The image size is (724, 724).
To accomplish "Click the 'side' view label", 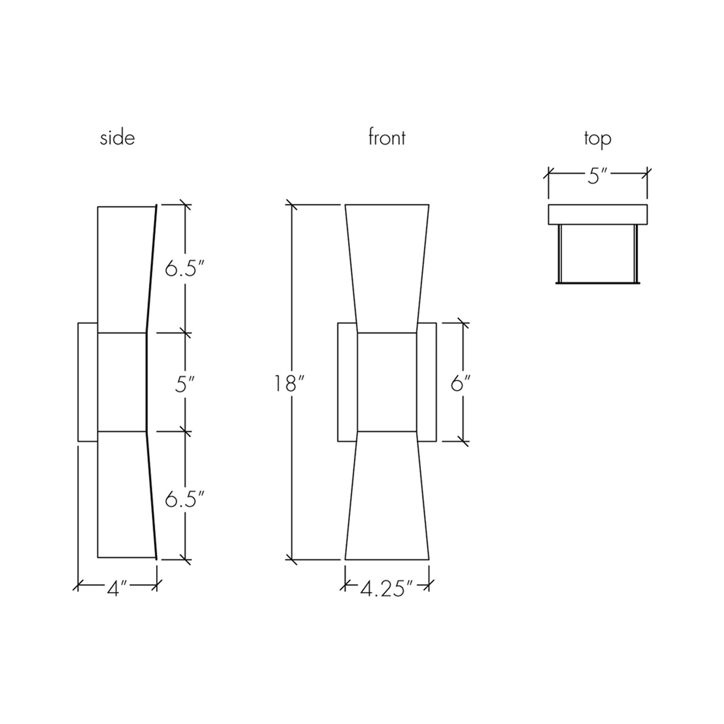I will click(117, 138).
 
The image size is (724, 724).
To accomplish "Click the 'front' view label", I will click(386, 137).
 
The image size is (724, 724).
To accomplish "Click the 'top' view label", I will click(597, 138).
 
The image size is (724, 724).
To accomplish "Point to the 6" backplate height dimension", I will click(460, 384).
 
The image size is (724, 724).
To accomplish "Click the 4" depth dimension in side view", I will click(117, 588).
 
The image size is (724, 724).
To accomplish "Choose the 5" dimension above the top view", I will click(597, 176).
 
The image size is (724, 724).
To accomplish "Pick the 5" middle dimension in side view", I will click(184, 385).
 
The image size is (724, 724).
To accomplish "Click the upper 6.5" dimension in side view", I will click(184, 270).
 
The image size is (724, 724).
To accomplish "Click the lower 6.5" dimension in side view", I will click(184, 500).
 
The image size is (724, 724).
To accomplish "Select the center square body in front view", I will click(386, 382).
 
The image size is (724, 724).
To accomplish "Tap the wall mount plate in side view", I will click(88, 382).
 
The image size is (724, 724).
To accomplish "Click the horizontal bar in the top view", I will click(597, 214).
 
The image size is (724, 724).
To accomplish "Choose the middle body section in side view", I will click(122, 382).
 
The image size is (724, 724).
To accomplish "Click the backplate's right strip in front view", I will click(426, 382).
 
